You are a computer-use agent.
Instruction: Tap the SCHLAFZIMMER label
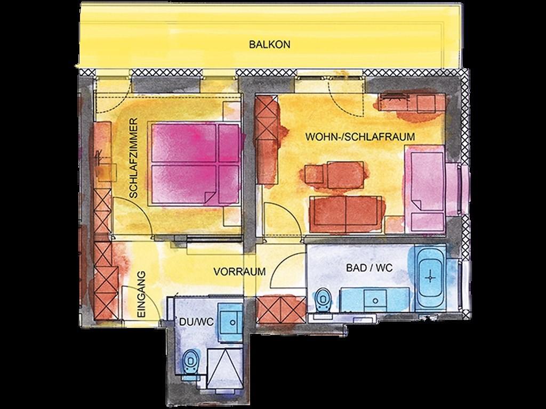pos(133,158)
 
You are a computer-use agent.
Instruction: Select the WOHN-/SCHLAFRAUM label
pos(360,137)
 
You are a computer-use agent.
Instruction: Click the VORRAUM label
pos(239,272)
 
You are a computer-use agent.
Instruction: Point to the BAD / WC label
pos(369,268)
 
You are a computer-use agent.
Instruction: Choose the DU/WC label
pos(196,322)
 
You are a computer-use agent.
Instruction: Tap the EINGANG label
pos(141,294)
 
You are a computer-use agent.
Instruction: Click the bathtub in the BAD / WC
pos(431,277)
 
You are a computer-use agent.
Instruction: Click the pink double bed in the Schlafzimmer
pos(195,163)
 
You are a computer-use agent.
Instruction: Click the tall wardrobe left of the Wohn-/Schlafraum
pos(268,140)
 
